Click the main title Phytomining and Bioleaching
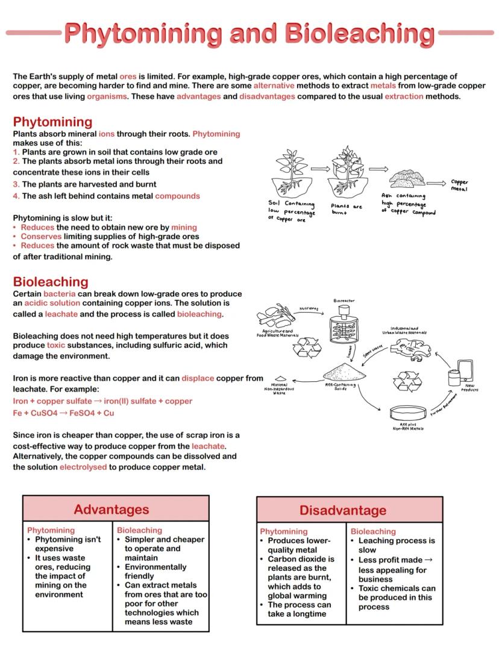point(249,33)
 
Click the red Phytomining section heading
point(52,122)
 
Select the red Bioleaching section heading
point(51,282)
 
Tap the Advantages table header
point(111,509)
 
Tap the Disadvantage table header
point(343,511)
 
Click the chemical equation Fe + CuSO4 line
point(63,414)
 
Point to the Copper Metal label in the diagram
point(459,185)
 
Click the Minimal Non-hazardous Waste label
point(279,388)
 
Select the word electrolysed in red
point(83,467)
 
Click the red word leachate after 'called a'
point(61,314)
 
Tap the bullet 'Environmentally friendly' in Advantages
point(155,571)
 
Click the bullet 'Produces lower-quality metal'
point(300,546)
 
